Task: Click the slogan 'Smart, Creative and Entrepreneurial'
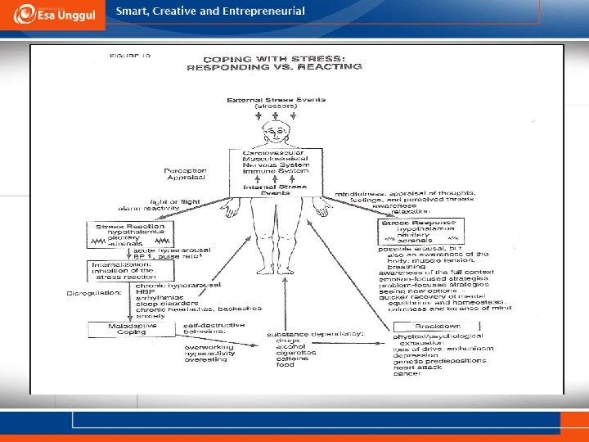[210, 11]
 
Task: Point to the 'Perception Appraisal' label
[187, 174]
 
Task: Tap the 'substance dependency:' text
[314, 334]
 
